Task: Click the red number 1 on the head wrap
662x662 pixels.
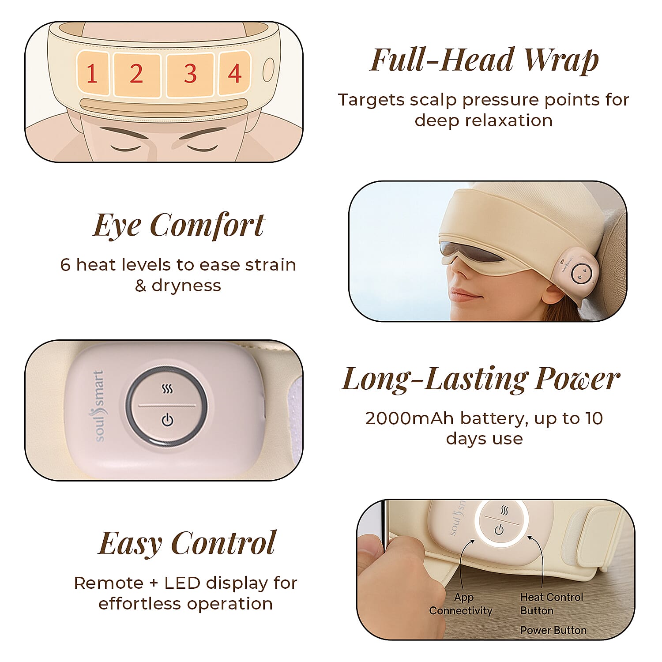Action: pyautogui.click(x=92, y=74)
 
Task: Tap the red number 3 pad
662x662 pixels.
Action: pyautogui.click(x=190, y=74)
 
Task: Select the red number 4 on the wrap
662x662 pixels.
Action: pyautogui.click(x=235, y=74)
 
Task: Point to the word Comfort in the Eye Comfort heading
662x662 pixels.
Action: pyautogui.click(x=207, y=225)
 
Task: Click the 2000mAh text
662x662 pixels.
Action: pyautogui.click(x=409, y=418)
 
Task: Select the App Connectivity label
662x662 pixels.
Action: pyautogui.click(x=461, y=604)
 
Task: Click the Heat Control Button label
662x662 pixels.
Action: pyautogui.click(x=552, y=604)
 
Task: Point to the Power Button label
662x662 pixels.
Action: pyautogui.click(x=553, y=630)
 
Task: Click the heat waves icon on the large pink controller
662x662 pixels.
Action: pyautogui.click(x=167, y=389)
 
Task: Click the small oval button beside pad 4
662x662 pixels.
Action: pyautogui.click(x=267, y=70)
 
